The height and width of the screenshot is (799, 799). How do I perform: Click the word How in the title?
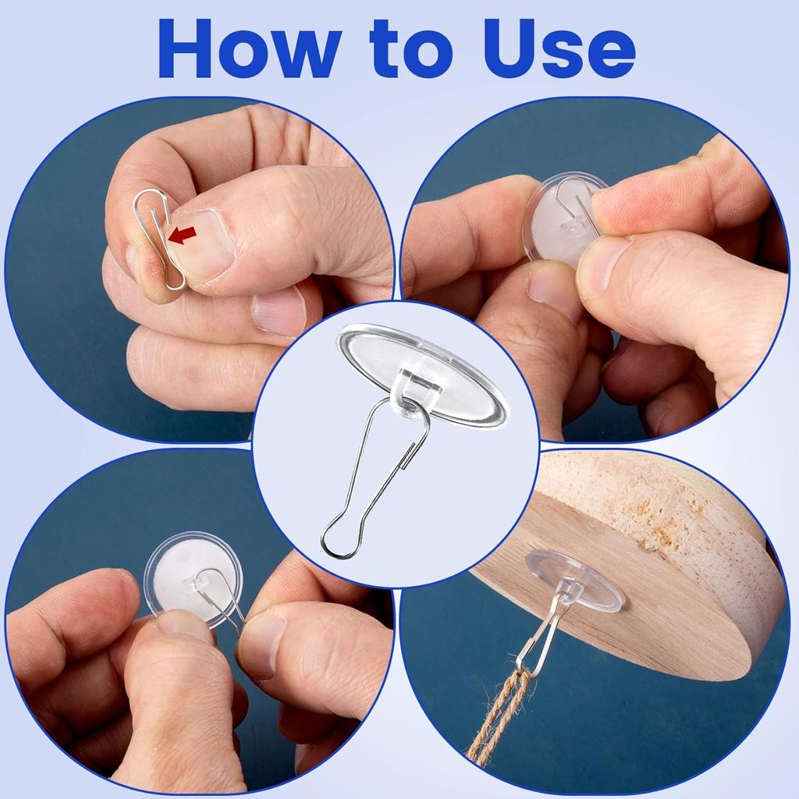[x=249, y=48]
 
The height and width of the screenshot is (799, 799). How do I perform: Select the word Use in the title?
[x=559, y=49]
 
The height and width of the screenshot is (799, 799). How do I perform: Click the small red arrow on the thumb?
[x=182, y=235]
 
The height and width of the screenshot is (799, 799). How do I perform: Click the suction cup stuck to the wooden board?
[x=575, y=578]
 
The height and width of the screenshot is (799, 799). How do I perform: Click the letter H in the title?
[x=186, y=48]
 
